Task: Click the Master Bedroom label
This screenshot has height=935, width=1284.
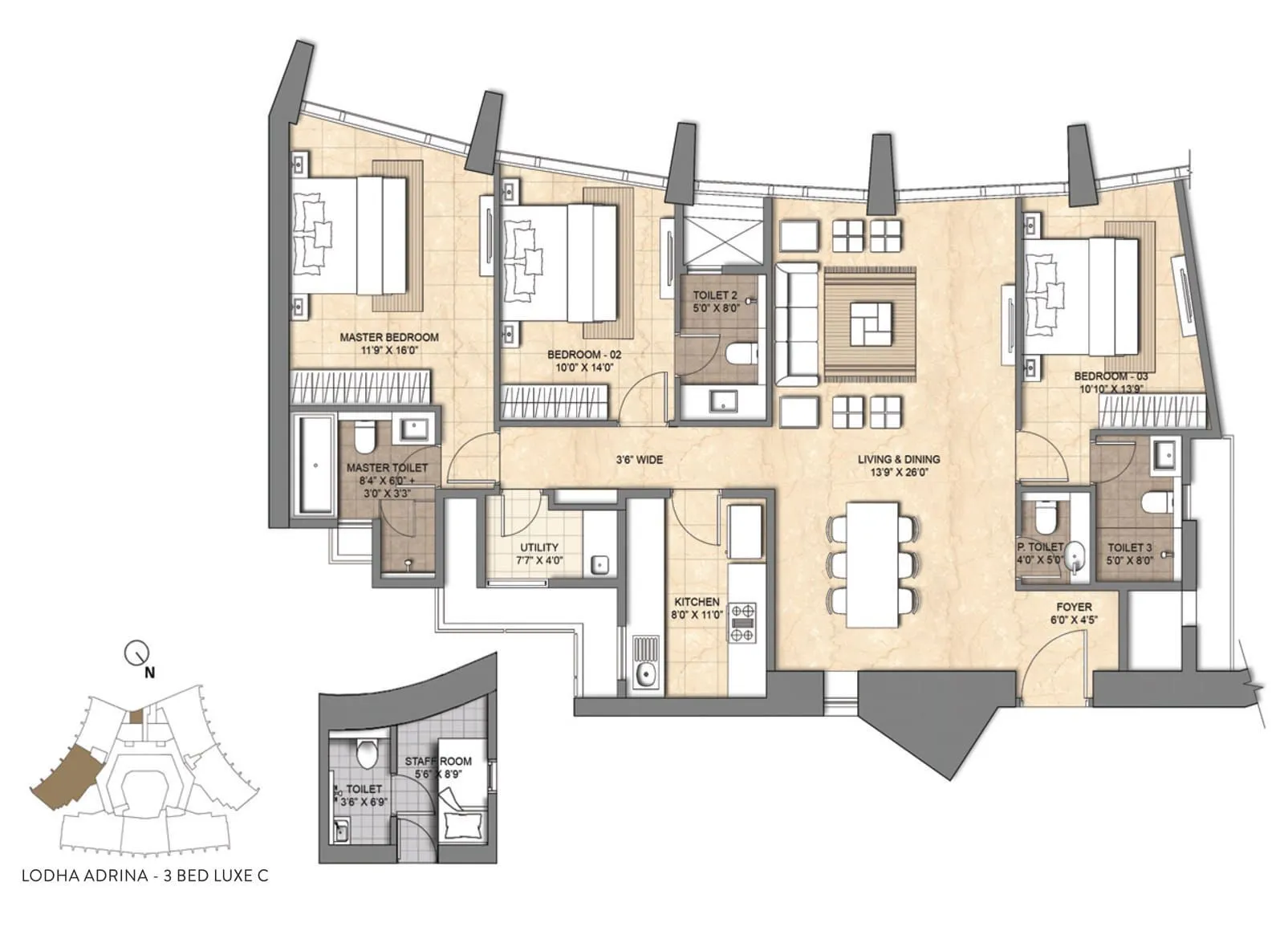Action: click(388, 337)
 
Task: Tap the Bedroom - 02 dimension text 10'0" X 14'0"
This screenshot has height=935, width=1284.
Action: click(584, 368)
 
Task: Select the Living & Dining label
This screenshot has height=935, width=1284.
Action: click(899, 459)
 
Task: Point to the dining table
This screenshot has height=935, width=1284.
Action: click(872, 565)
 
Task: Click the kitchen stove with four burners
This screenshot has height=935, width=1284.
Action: click(742, 623)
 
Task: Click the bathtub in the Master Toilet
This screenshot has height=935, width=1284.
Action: click(315, 465)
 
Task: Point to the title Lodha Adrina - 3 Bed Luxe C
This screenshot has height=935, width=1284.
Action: click(145, 876)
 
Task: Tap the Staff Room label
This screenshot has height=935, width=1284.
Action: click(438, 762)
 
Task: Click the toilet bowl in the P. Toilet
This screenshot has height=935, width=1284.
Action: click(1044, 516)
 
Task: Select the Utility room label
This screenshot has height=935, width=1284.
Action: click(538, 547)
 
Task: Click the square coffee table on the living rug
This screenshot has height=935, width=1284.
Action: click(871, 324)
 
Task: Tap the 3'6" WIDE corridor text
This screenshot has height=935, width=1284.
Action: click(639, 460)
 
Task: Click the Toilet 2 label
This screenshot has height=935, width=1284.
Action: click(715, 295)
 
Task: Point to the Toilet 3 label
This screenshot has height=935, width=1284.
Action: click(1129, 547)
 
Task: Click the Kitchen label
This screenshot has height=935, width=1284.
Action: click(697, 602)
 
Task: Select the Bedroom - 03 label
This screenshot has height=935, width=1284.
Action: click(1111, 376)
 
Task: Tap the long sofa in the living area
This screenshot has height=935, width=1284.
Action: click(795, 324)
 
